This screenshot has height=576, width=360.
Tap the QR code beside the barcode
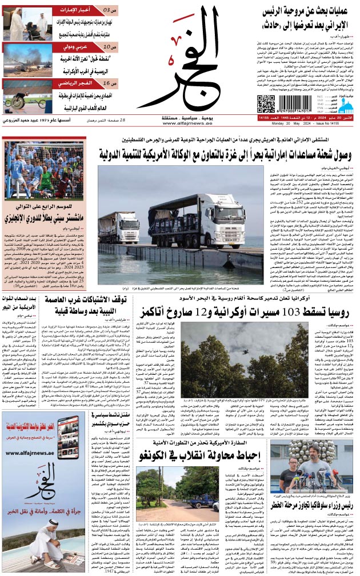[x=265, y=105]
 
